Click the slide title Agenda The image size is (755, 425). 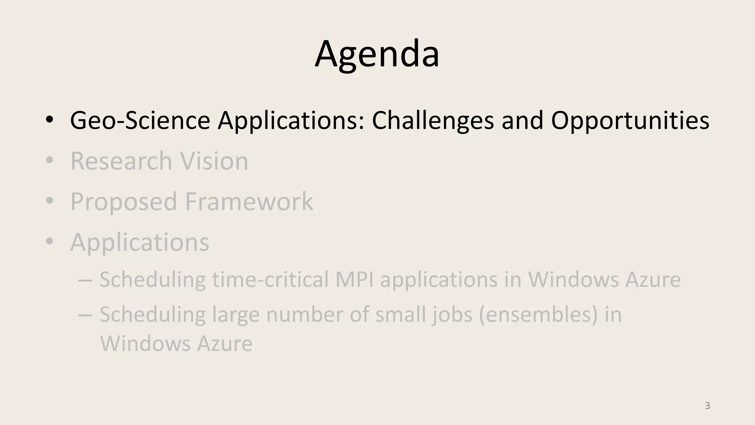[x=377, y=54]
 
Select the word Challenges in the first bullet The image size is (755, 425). [x=432, y=121]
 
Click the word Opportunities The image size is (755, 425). [x=630, y=121]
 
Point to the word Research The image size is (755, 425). [x=121, y=161]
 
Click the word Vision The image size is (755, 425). [x=214, y=161]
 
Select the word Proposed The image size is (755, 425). [x=123, y=202]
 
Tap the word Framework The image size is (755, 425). [x=249, y=201]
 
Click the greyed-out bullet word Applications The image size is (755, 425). [x=140, y=243]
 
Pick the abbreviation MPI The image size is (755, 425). [x=354, y=279]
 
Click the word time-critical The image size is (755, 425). [x=270, y=279]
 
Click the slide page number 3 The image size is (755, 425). [x=707, y=406]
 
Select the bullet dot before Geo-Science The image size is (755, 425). [x=50, y=120]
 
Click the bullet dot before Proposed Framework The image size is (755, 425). [x=50, y=201]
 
